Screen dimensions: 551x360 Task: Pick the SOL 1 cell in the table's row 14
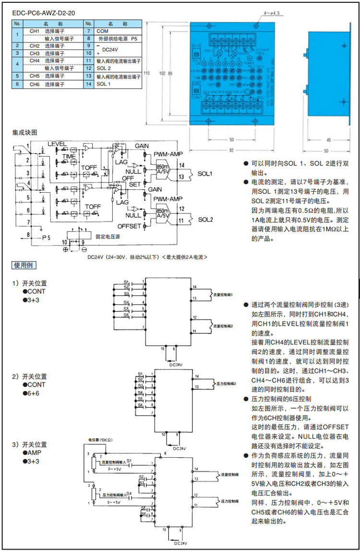[104, 84]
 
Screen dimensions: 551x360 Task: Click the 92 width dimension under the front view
[231, 150]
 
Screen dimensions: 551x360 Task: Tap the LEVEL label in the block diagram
[57, 144]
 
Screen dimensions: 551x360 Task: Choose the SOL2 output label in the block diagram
[205, 219]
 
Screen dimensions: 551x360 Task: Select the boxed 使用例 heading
[24, 265]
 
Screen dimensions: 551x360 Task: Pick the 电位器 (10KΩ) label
[100, 440]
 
